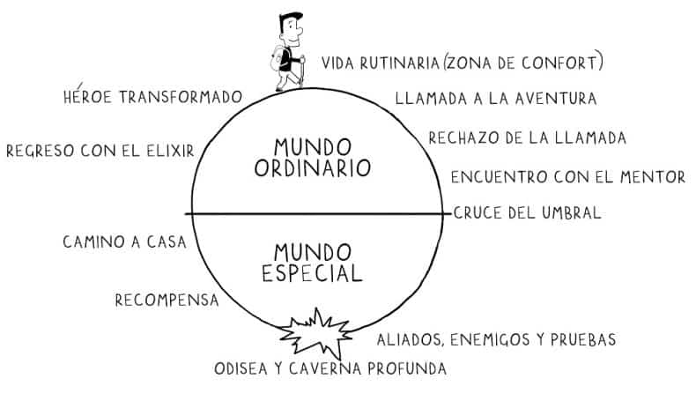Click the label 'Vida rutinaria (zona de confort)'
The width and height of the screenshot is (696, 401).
point(463,63)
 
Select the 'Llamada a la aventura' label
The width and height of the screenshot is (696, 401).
point(496,98)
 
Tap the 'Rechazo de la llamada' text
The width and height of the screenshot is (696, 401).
point(527,137)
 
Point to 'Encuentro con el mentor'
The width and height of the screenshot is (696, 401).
point(567,177)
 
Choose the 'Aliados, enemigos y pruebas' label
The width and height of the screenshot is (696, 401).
point(496,339)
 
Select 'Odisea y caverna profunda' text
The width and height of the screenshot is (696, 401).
point(330,368)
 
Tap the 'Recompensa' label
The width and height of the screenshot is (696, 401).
point(167,301)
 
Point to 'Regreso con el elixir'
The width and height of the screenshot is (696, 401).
point(100,150)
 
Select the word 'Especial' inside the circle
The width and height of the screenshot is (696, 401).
point(312,274)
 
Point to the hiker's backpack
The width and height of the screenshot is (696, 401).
point(278,59)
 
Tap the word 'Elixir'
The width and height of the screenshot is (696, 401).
point(167,150)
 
